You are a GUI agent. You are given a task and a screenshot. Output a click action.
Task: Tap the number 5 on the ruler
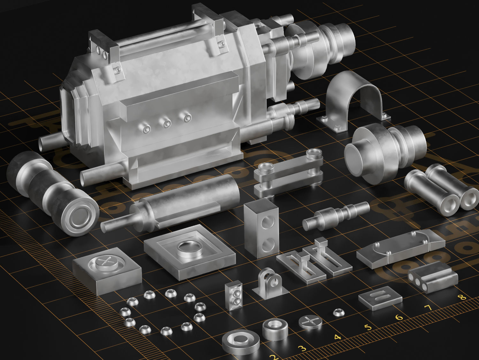[x=368, y=327]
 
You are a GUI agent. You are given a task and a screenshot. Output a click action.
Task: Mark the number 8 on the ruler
[x=460, y=297]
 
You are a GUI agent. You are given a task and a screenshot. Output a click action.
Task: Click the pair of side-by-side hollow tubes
[x=441, y=188]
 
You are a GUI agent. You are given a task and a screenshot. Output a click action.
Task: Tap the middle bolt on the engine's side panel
[x=166, y=124]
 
